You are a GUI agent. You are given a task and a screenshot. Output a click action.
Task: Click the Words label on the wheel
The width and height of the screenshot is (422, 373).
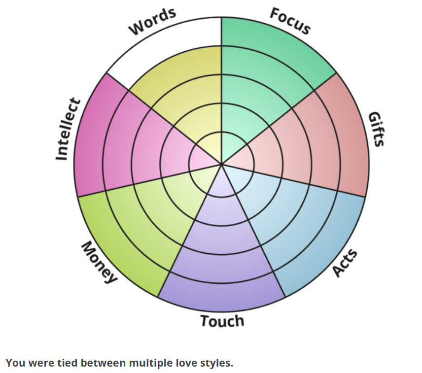point(152,22)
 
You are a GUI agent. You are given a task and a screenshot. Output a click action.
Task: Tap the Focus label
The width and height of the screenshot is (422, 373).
point(290,21)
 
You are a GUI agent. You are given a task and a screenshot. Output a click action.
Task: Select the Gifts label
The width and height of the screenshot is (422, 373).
point(376,129)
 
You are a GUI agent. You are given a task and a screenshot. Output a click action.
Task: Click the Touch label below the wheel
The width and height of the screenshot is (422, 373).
point(222,321)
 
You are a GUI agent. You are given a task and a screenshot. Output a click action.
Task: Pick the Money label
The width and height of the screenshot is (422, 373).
point(99,262)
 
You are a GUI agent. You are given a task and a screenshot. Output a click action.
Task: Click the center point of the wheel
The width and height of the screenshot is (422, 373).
point(221,164)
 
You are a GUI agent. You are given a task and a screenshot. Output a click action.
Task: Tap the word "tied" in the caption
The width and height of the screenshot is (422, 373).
point(66,364)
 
